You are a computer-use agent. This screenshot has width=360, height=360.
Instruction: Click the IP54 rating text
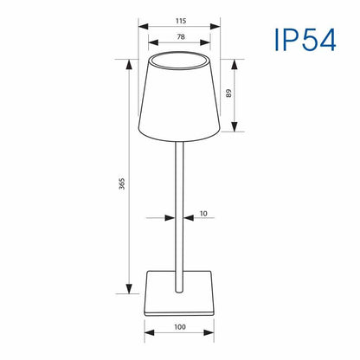click(x=305, y=40)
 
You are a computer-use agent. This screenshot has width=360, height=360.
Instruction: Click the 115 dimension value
click(x=181, y=21)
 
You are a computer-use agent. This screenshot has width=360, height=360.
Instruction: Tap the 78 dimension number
click(x=181, y=37)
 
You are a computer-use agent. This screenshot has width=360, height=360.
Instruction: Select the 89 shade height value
click(x=228, y=93)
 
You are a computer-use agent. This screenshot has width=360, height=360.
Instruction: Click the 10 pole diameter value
click(x=203, y=214)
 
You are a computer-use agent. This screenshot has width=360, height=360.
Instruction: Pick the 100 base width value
click(x=180, y=327)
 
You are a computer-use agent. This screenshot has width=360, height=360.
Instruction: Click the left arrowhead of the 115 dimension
click(x=144, y=27)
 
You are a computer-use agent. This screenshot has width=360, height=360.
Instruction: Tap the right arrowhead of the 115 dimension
click(x=215, y=27)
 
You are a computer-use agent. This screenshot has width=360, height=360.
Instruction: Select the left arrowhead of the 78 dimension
click(x=153, y=42)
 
